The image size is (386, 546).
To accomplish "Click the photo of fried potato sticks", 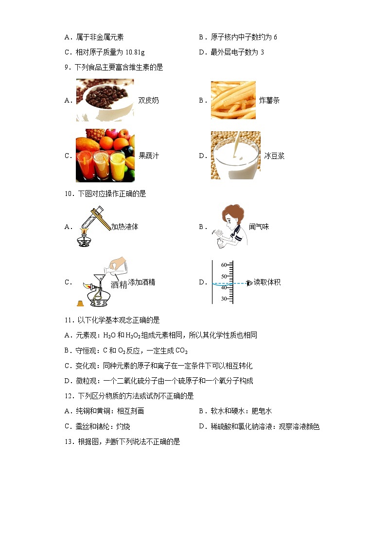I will pyautogui.click(x=233, y=100).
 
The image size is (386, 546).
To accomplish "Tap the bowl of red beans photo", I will pyautogui.click(x=105, y=100).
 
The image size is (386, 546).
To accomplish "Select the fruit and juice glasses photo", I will pyautogui.click(x=105, y=155).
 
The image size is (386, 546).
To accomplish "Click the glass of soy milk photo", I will pyautogui.click(x=235, y=155).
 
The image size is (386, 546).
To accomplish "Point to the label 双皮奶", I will pyautogui.click(x=148, y=101).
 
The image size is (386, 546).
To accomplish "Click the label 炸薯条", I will pyautogui.click(x=269, y=101).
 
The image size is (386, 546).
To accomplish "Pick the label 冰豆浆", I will pyautogui.click(x=274, y=156).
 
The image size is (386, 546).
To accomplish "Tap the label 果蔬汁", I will pyautogui.click(x=148, y=156).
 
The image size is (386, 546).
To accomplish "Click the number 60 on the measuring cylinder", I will pyautogui.click(x=224, y=265).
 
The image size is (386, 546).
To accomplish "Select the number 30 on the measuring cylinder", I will pyautogui.click(x=224, y=299).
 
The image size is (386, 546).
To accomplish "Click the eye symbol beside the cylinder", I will pyautogui.click(x=250, y=282).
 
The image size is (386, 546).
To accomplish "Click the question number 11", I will pyautogui.click(x=68, y=320).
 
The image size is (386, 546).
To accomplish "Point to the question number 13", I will pyautogui.click(x=68, y=442).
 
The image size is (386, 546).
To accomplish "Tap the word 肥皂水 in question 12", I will pyautogui.click(x=262, y=411).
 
